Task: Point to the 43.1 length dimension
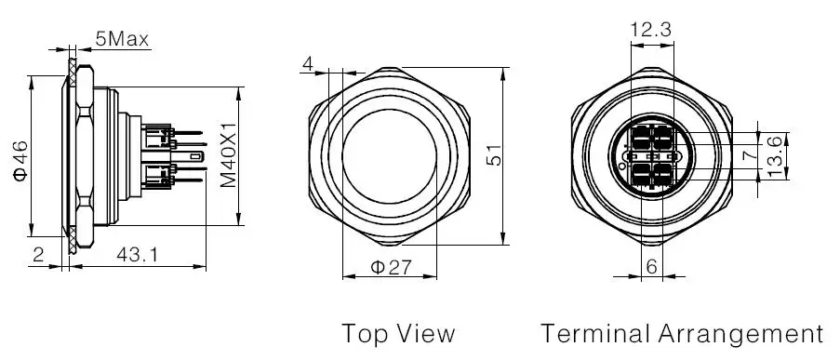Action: (x=137, y=253)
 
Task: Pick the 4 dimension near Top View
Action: (x=307, y=64)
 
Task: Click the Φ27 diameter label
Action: (x=391, y=267)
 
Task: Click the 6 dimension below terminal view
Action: (x=651, y=267)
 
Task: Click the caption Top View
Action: (x=398, y=333)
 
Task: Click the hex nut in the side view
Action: (x=83, y=159)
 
